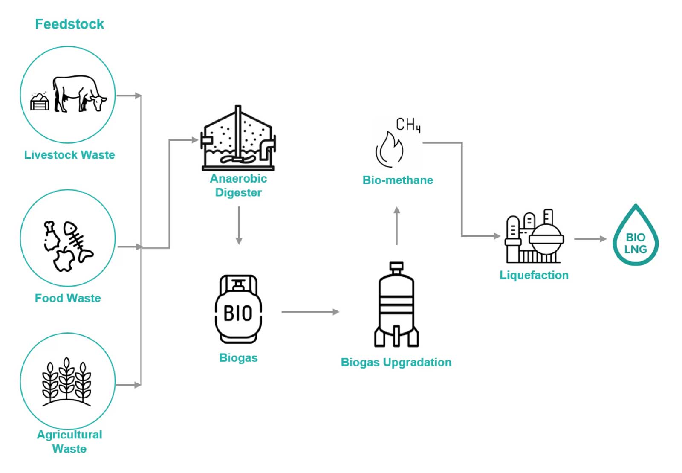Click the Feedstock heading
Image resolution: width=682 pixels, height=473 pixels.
[69, 24]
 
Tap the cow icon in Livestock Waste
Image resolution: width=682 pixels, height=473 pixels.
[80, 93]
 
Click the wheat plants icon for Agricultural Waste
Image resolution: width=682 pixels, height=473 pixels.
[66, 381]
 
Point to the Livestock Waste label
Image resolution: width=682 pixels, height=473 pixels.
[69, 155]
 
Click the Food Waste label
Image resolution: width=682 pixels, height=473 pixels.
[68, 298]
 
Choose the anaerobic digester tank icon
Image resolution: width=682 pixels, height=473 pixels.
[238, 139]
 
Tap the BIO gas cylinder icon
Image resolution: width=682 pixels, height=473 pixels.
[238, 309]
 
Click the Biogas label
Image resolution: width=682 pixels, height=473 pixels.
[238, 358]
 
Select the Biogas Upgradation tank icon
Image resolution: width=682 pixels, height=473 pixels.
[396, 305]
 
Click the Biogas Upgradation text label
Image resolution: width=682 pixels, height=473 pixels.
[396, 363]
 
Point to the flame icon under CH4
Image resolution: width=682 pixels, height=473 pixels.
[389, 149]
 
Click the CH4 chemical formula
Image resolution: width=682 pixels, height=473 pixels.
[408, 125]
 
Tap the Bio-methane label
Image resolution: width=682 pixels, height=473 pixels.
[398, 180]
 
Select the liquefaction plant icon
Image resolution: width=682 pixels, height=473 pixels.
[534, 237]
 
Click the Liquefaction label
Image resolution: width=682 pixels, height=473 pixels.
[534, 275]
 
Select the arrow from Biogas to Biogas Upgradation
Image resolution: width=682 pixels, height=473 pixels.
[310, 312]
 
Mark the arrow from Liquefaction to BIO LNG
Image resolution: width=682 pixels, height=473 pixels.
[590, 239]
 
